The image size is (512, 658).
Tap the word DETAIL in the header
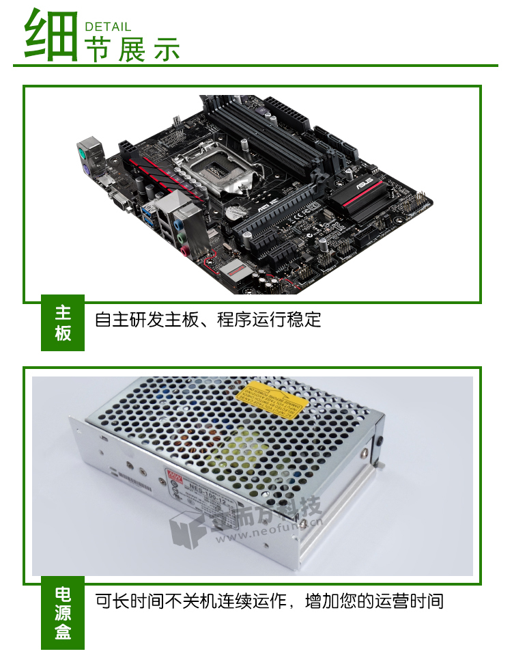pyautogui.click(x=107, y=27)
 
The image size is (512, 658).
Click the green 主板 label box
pyautogui.click(x=63, y=323)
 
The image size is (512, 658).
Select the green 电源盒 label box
pyautogui.click(x=63, y=613)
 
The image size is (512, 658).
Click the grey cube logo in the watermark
pyautogui.click(x=183, y=530)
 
